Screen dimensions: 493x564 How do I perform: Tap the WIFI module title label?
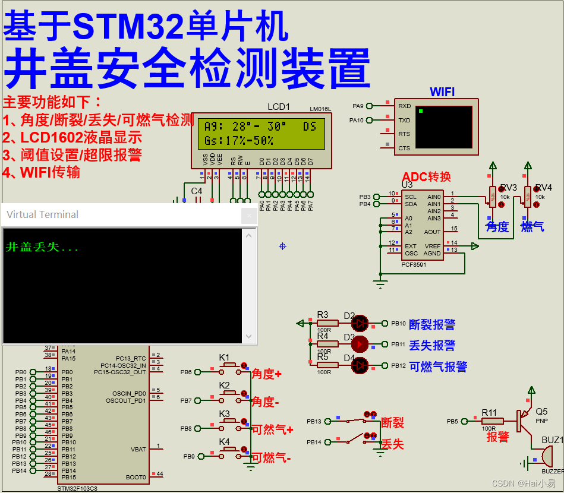(x=442, y=91)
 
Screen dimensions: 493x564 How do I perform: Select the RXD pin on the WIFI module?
(x=404, y=106)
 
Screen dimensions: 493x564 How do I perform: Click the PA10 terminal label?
(x=356, y=121)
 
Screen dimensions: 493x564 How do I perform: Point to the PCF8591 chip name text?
(x=414, y=264)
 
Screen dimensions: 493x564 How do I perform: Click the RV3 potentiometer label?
(x=508, y=188)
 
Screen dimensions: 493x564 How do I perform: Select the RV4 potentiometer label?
(x=543, y=188)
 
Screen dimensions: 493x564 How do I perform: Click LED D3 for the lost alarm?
(x=360, y=344)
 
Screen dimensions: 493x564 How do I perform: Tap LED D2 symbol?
(x=360, y=323)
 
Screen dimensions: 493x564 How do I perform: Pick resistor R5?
(x=327, y=364)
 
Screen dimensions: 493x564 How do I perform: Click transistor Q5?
(x=523, y=419)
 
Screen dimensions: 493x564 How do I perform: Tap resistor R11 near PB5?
(x=492, y=421)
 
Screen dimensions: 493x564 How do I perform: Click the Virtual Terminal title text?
(x=42, y=214)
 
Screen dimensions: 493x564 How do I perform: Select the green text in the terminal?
(x=42, y=248)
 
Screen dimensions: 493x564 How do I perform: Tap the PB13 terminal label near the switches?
(x=314, y=421)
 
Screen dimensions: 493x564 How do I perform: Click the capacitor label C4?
(x=196, y=191)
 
